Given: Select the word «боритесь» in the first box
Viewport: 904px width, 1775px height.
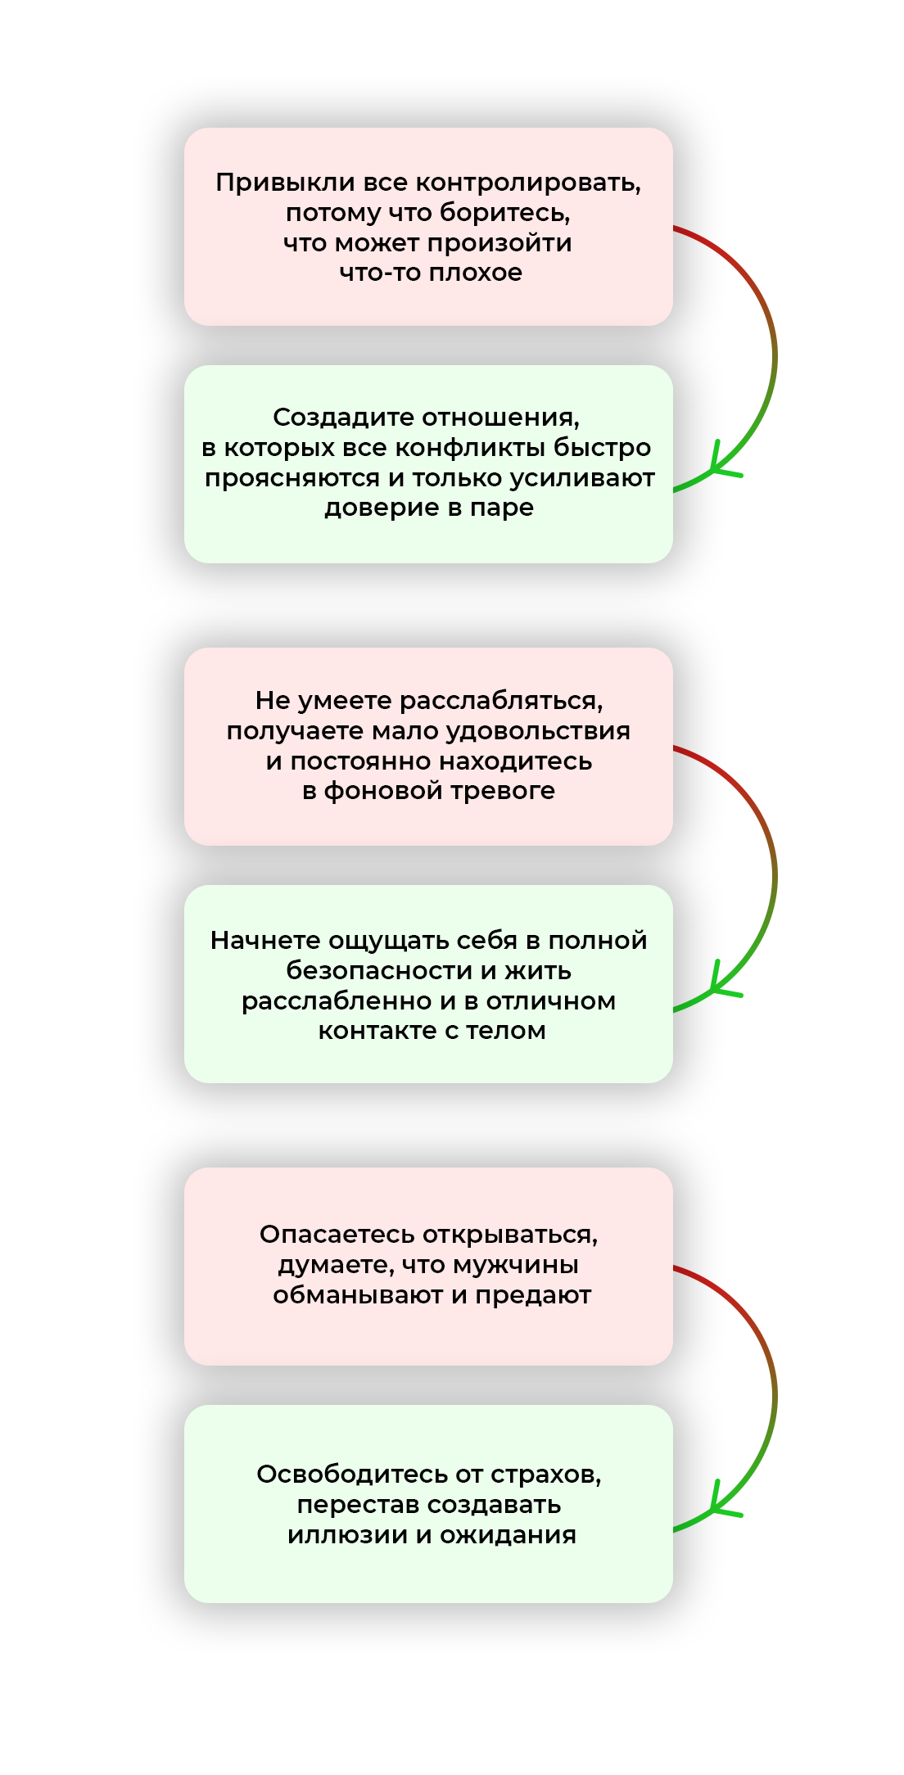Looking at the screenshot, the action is click(504, 213).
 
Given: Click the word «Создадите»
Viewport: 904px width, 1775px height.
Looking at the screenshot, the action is click(343, 418).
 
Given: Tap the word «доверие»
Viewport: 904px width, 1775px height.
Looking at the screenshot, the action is click(373, 508).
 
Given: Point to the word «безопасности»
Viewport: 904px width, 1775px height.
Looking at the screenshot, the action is click(380, 971).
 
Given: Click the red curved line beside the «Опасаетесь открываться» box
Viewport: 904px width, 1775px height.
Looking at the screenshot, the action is click(704, 1281).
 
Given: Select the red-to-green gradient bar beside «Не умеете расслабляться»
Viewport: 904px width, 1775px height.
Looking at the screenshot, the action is click(755, 879).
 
